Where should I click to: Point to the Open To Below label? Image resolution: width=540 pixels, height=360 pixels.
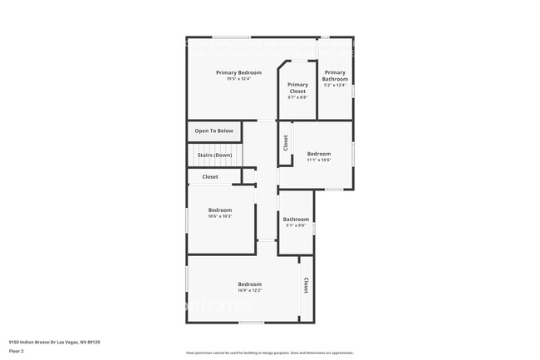click(214, 131)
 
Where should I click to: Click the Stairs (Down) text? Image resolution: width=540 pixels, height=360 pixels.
click(214, 155)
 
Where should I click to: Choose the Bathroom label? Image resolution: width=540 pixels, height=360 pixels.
click(296, 219)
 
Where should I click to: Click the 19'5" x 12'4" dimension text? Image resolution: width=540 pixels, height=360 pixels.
click(233, 80)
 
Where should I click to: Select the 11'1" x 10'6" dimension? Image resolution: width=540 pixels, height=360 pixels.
click(319, 160)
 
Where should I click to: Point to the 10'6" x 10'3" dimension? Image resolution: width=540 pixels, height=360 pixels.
click(220, 216)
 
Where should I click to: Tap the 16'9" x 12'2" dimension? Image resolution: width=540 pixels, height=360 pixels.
click(250, 290)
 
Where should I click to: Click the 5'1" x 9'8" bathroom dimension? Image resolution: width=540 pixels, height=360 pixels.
click(296, 225)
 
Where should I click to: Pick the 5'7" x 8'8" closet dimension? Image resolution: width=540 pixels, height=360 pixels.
click(297, 97)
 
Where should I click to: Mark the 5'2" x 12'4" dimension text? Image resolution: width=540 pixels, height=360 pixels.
click(335, 85)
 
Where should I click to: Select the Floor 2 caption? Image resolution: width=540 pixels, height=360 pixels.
click(17, 351)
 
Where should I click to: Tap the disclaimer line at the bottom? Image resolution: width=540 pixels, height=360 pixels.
click(269, 353)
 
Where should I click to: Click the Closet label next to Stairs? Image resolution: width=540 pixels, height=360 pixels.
click(210, 176)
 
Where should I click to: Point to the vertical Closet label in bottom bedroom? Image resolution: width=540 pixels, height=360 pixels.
click(306, 285)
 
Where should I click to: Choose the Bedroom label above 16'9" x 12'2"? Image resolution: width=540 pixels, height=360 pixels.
click(250, 284)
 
